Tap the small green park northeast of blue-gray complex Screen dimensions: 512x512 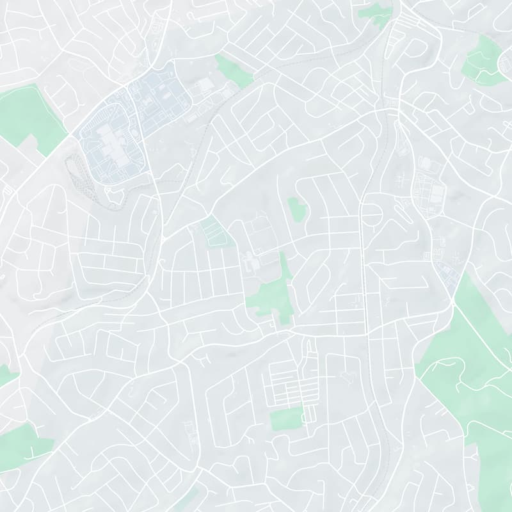(234, 71)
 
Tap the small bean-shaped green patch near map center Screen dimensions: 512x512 (296, 209)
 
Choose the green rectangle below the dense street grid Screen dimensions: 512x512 (285, 420)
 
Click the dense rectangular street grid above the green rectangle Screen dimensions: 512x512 (291, 384)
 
